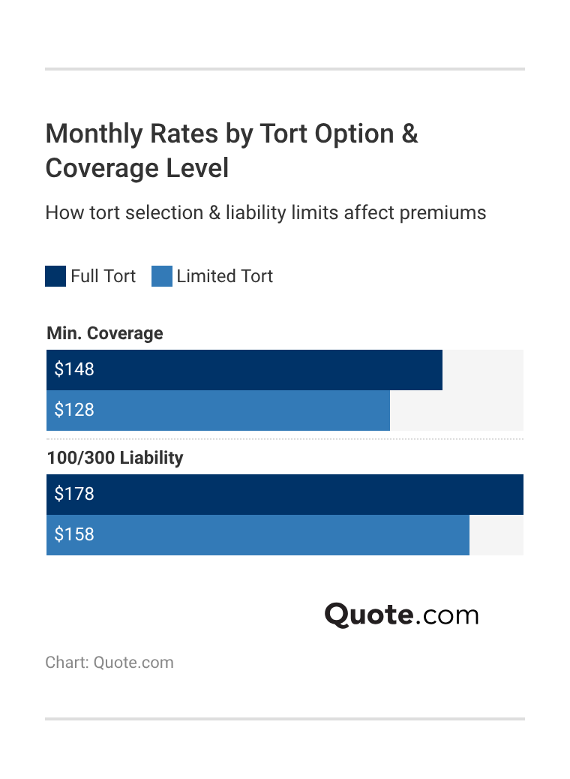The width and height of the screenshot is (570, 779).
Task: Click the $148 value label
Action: pyautogui.click(x=74, y=369)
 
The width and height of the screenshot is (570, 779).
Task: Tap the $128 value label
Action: pyautogui.click(x=74, y=410)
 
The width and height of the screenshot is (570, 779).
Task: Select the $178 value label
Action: pyautogui.click(x=74, y=494)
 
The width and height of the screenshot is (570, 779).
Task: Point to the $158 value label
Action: pyautogui.click(x=74, y=534)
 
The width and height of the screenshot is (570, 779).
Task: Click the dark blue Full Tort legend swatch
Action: pyautogui.click(x=55, y=276)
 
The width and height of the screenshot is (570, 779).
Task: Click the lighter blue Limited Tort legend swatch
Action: pyautogui.click(x=162, y=276)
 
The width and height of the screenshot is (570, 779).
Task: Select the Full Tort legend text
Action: pyautogui.click(x=103, y=276)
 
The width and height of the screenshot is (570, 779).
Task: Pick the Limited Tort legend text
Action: pyautogui.click(x=224, y=276)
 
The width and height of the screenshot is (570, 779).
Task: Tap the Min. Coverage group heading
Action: pyautogui.click(x=104, y=333)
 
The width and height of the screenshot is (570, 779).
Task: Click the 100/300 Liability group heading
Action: pyautogui.click(x=115, y=458)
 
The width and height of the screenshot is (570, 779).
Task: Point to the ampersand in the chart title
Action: pyautogui.click(x=409, y=134)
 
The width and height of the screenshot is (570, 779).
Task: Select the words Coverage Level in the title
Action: pyautogui.click(x=136, y=168)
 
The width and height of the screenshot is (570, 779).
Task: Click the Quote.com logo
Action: pyautogui.click(x=401, y=615)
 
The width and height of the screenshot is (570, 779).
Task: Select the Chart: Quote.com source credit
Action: pyautogui.click(x=109, y=663)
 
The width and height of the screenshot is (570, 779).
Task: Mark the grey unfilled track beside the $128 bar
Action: pyautogui.click(x=456, y=410)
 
